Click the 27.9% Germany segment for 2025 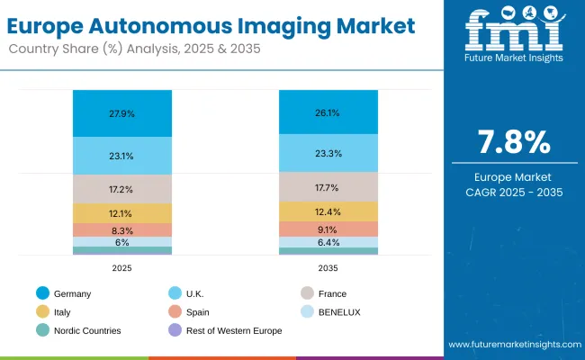(122, 113)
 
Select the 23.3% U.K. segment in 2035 (328, 154)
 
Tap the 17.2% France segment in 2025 (122, 188)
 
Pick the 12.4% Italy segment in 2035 (328, 211)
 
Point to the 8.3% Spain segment (122, 230)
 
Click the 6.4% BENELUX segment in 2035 (328, 242)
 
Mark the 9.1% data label (328, 229)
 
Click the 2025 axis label (122, 267)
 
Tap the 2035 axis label (328, 267)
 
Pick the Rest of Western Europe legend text (235, 330)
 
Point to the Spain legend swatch (175, 311)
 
